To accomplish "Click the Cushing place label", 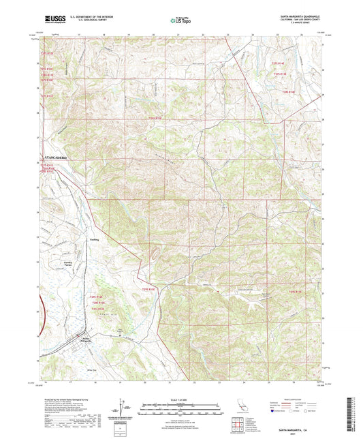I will [95, 239].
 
